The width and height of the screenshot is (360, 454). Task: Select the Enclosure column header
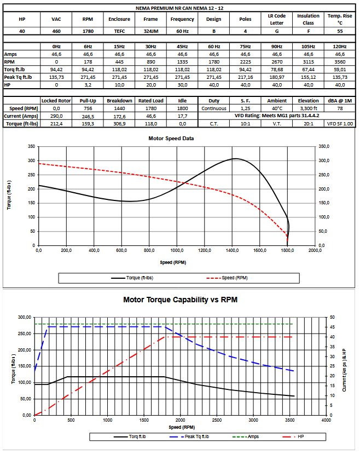(x=119, y=19)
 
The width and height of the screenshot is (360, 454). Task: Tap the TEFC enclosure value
(x=119, y=31)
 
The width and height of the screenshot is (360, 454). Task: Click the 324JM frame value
(x=150, y=31)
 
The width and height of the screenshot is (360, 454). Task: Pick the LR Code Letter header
(x=276, y=19)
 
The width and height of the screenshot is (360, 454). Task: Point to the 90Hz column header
(x=276, y=47)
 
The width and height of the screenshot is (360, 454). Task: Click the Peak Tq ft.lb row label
(x=18, y=78)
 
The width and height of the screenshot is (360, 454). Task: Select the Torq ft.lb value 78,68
(x=276, y=70)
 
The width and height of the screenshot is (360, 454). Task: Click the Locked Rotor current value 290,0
(x=56, y=116)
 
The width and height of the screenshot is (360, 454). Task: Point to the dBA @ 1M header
(x=340, y=101)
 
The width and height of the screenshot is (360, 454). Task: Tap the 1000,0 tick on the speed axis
(x=176, y=250)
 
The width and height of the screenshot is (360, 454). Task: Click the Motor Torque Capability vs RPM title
(x=180, y=300)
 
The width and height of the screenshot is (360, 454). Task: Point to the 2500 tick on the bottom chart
(x=217, y=420)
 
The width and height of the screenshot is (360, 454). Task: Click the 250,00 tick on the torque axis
(x=24, y=334)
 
